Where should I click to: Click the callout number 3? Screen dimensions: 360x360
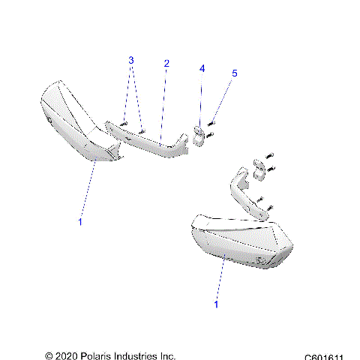point(130,59)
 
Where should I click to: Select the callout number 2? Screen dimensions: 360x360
point(166,64)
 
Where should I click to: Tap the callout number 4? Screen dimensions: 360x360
point(201,68)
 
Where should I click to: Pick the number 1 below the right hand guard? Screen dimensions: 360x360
point(217,304)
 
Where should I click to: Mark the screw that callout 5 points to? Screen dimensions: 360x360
point(212,121)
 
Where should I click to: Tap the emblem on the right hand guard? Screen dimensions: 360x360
point(264,261)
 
